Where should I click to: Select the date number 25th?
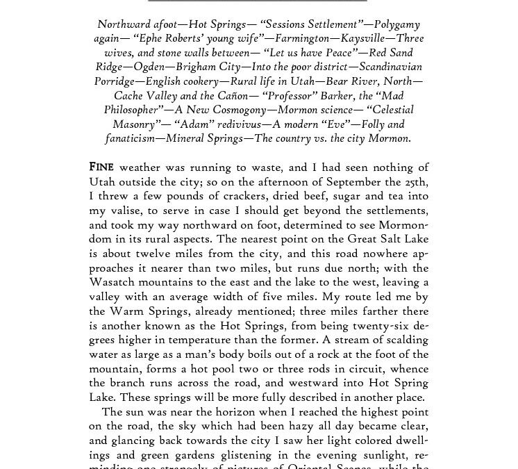[x=414, y=181]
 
